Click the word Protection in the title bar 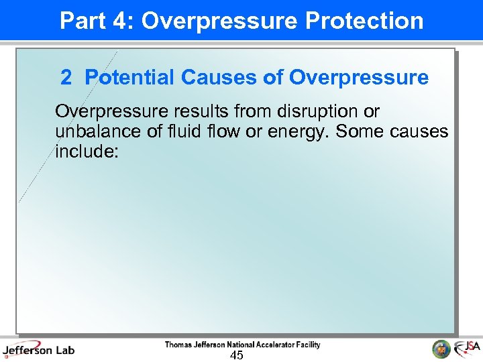(x=364, y=21)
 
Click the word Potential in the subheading (x=129, y=78)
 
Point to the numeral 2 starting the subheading (x=66, y=78)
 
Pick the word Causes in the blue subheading (x=218, y=78)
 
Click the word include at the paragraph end (x=87, y=152)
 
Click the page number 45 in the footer (x=236, y=355)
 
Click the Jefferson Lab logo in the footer (x=38, y=349)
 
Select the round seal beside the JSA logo (x=441, y=349)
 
